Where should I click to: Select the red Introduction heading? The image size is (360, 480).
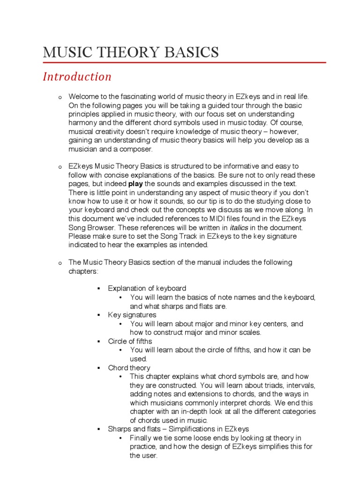pos(77,76)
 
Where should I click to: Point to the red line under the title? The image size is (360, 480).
pos(184,62)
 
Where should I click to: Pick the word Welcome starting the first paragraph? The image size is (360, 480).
pos(83,96)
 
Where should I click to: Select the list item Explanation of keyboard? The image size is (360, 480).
pos(147,288)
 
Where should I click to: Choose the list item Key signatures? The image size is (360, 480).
pos(132,315)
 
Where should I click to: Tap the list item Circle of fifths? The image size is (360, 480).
pos(130,341)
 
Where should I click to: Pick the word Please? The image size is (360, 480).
pos(80,236)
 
